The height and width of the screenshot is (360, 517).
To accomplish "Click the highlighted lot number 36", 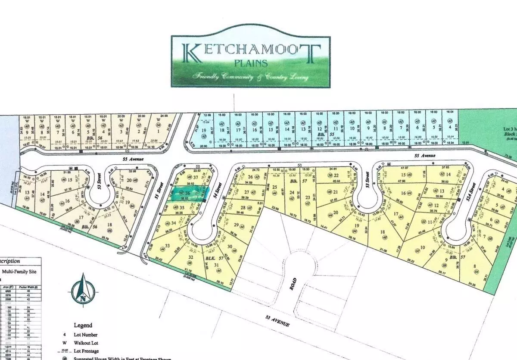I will (x=187, y=194).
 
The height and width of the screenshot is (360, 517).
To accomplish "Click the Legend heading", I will (x=83, y=325).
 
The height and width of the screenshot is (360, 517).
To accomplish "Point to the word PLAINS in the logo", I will (x=252, y=63).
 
